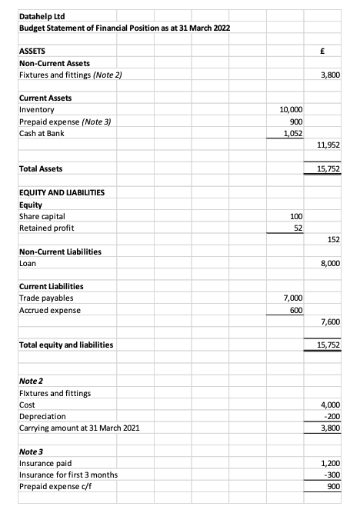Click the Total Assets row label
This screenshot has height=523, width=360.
(41, 168)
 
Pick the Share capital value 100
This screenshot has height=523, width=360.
(297, 216)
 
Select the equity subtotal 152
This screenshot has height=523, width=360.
(333, 240)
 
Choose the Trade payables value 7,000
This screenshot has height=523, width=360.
(293, 298)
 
